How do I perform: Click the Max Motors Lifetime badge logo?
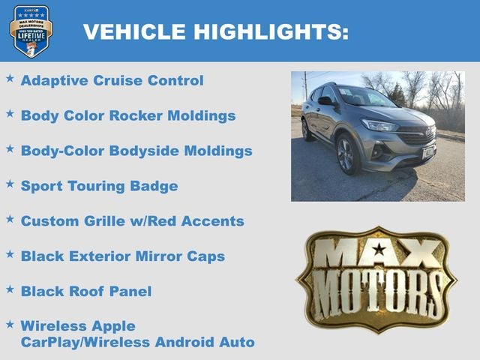pyautogui.click(x=31, y=31)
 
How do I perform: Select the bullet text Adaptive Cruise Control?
pyautogui.click(x=112, y=80)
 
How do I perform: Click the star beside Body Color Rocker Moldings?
pyautogui.click(x=10, y=113)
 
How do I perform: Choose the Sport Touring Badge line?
pyautogui.click(x=99, y=186)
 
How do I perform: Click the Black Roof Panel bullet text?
pyautogui.click(x=85, y=292)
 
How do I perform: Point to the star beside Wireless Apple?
pyautogui.click(x=10, y=324)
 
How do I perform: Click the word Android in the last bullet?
pyautogui.click(x=186, y=343)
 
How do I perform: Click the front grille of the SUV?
pyautogui.click(x=416, y=138)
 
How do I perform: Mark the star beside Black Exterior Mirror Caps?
pyautogui.click(x=10, y=254)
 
